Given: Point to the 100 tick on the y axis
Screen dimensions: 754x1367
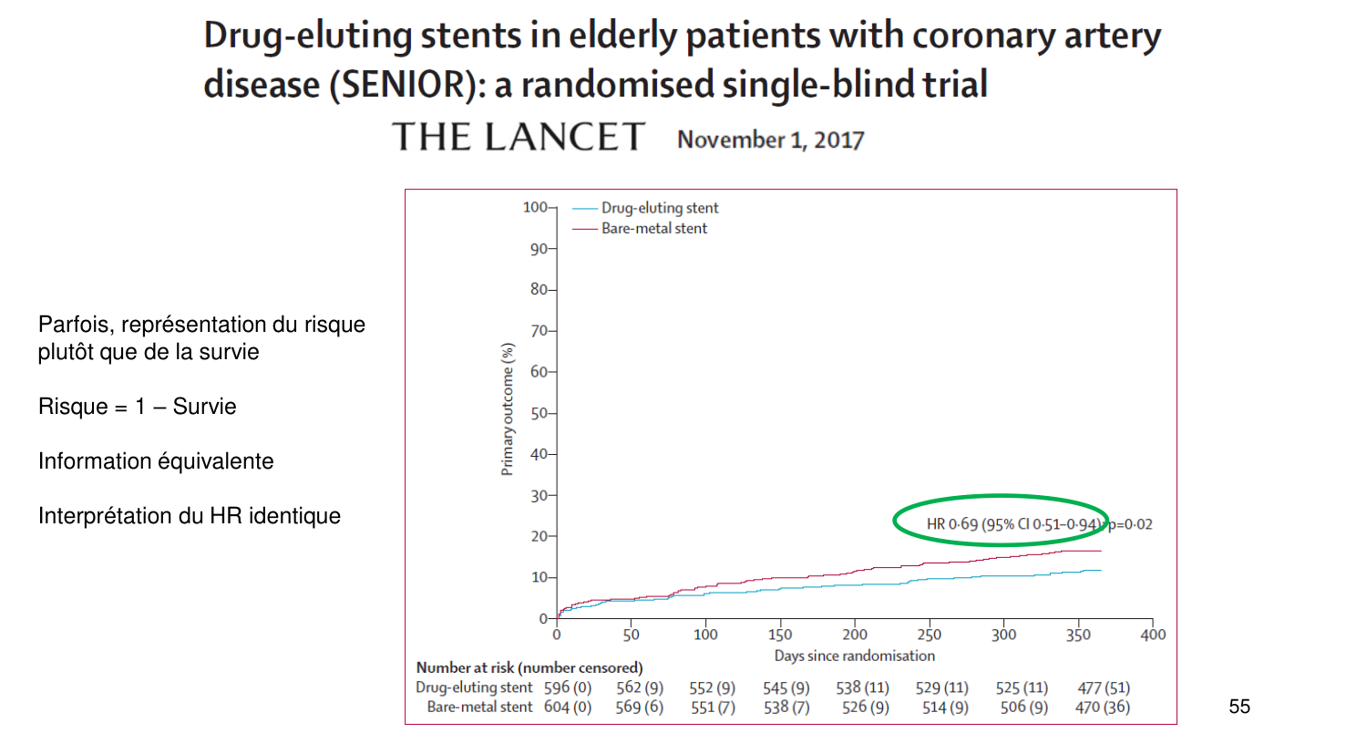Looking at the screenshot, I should click(535, 207).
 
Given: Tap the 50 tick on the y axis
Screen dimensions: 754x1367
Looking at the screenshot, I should click(539, 413).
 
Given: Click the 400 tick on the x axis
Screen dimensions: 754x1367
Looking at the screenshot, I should click(1153, 635).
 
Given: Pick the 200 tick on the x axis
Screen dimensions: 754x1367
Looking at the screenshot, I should click(855, 635).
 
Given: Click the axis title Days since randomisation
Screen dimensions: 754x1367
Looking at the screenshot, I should click(854, 656).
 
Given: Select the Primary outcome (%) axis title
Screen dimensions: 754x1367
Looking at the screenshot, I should click(508, 409).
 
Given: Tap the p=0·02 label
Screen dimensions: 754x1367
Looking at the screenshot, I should click(1130, 524).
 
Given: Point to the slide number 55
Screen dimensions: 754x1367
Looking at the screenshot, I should click(1239, 707).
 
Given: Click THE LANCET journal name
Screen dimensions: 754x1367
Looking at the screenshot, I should click(519, 138).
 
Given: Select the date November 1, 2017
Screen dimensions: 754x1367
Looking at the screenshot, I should click(770, 139).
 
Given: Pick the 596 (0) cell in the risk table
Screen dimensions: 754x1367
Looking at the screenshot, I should click(568, 687).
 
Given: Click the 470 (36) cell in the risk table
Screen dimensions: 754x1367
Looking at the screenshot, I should click(1103, 707).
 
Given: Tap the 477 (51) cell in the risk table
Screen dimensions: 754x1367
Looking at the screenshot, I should click(1104, 687).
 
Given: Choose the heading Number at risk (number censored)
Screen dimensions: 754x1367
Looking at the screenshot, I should click(529, 667).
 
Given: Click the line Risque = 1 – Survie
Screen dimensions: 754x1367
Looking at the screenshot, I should click(138, 407).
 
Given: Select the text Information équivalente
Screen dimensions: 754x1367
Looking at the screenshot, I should click(156, 461).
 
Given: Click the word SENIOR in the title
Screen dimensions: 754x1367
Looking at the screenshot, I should click(404, 85).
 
